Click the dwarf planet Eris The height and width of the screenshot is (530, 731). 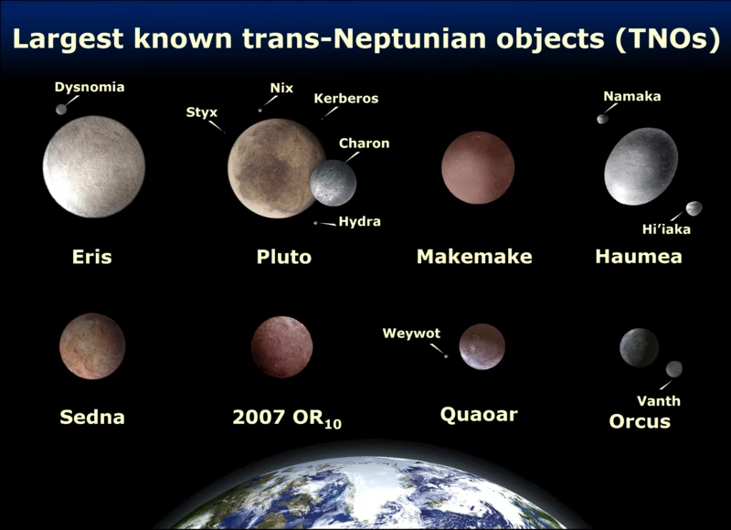pyautogui.click(x=94, y=166)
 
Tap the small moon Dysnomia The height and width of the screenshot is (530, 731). pyautogui.click(x=61, y=110)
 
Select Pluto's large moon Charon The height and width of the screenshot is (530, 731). pyautogui.click(x=333, y=182)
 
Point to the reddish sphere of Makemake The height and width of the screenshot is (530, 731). pyautogui.click(x=478, y=167)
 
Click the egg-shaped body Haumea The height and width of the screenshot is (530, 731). pyautogui.click(x=641, y=166)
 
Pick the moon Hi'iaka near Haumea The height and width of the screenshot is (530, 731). pyautogui.click(x=694, y=208)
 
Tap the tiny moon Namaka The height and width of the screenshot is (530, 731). pyautogui.click(x=602, y=119)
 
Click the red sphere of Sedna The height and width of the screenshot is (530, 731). pyautogui.click(x=92, y=345)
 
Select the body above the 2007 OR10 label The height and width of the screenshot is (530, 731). pyautogui.click(x=282, y=347)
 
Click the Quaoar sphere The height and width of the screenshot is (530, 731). pyautogui.click(x=482, y=346)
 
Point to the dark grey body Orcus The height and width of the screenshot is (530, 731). pyautogui.click(x=639, y=347)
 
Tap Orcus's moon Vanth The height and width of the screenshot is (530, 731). pyautogui.click(x=674, y=369)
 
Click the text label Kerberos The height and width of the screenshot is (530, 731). pyautogui.click(x=345, y=99)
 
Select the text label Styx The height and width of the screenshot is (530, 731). pyautogui.click(x=202, y=112)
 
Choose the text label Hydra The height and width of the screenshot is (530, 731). pyautogui.click(x=359, y=222)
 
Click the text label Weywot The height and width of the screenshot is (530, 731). pyautogui.click(x=411, y=334)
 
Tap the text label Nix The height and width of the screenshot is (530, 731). pyautogui.click(x=281, y=89)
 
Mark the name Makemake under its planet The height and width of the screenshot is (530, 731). pyautogui.click(x=474, y=257)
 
